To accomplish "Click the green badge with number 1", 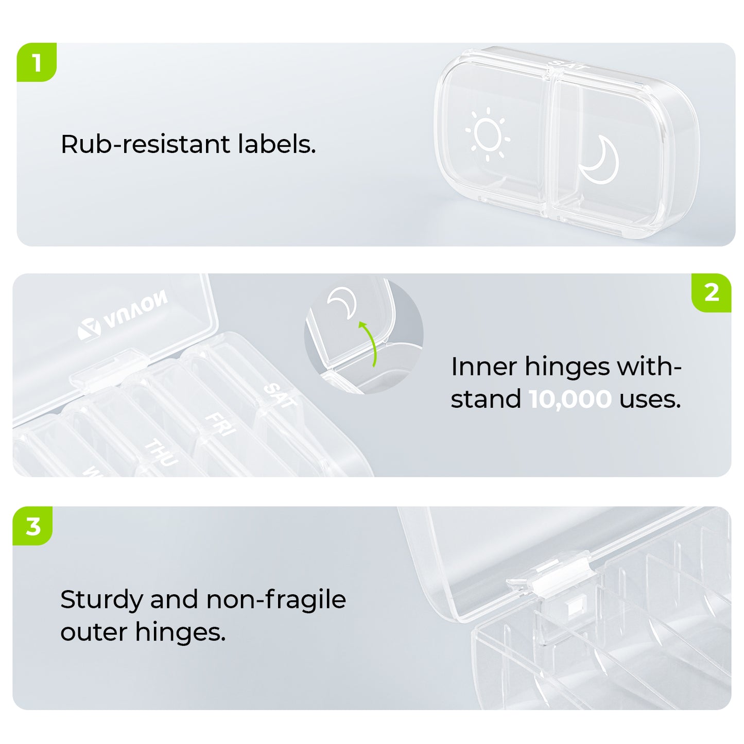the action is [37, 62].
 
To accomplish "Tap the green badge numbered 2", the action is [711, 293].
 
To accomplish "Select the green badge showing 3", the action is [33, 526].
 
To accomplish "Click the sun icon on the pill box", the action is [488, 134].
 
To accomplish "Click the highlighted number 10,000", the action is [570, 399].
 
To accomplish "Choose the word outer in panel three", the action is [94, 633].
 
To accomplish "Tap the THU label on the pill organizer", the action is [161, 453].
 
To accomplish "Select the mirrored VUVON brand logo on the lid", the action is [123, 315].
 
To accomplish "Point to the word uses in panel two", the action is [650, 399].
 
